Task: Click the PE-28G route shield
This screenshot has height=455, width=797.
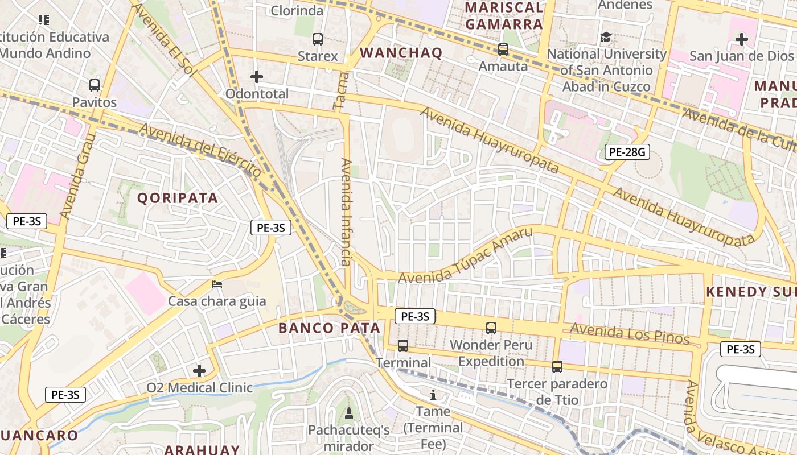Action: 627,152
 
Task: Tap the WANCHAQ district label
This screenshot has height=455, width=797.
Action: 401,53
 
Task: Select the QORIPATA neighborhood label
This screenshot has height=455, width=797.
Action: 178,198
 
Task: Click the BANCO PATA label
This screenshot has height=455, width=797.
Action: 329,328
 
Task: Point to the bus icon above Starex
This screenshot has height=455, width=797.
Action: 318,39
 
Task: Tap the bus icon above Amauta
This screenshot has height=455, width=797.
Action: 503,49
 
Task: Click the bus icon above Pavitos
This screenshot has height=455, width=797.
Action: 95,85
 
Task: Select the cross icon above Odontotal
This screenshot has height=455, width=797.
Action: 257,76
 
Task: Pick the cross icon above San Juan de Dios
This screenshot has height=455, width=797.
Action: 741,39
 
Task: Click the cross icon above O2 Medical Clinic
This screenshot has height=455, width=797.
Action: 199,371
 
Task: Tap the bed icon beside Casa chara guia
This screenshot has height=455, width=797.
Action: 217,284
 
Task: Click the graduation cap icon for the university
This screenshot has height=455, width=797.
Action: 606,38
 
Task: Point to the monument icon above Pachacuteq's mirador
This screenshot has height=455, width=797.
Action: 349,412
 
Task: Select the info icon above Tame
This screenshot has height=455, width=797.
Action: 433,394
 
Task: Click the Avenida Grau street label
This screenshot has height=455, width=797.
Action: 76,177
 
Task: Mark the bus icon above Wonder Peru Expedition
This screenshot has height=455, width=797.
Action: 491,328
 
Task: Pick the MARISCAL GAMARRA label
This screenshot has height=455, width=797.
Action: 504,16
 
